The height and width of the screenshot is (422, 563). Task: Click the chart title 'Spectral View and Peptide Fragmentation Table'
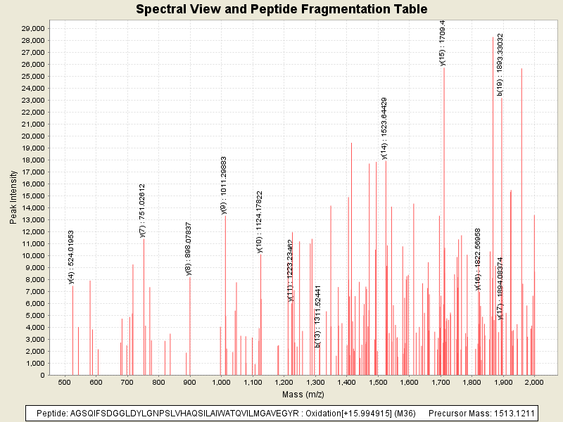click(x=281, y=9)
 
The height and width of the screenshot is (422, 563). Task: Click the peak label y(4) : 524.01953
click(x=72, y=257)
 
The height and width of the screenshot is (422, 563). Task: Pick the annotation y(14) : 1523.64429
click(x=384, y=128)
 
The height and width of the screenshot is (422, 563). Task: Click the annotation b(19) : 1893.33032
click(x=500, y=64)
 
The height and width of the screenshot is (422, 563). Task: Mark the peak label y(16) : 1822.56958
click(x=478, y=259)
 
